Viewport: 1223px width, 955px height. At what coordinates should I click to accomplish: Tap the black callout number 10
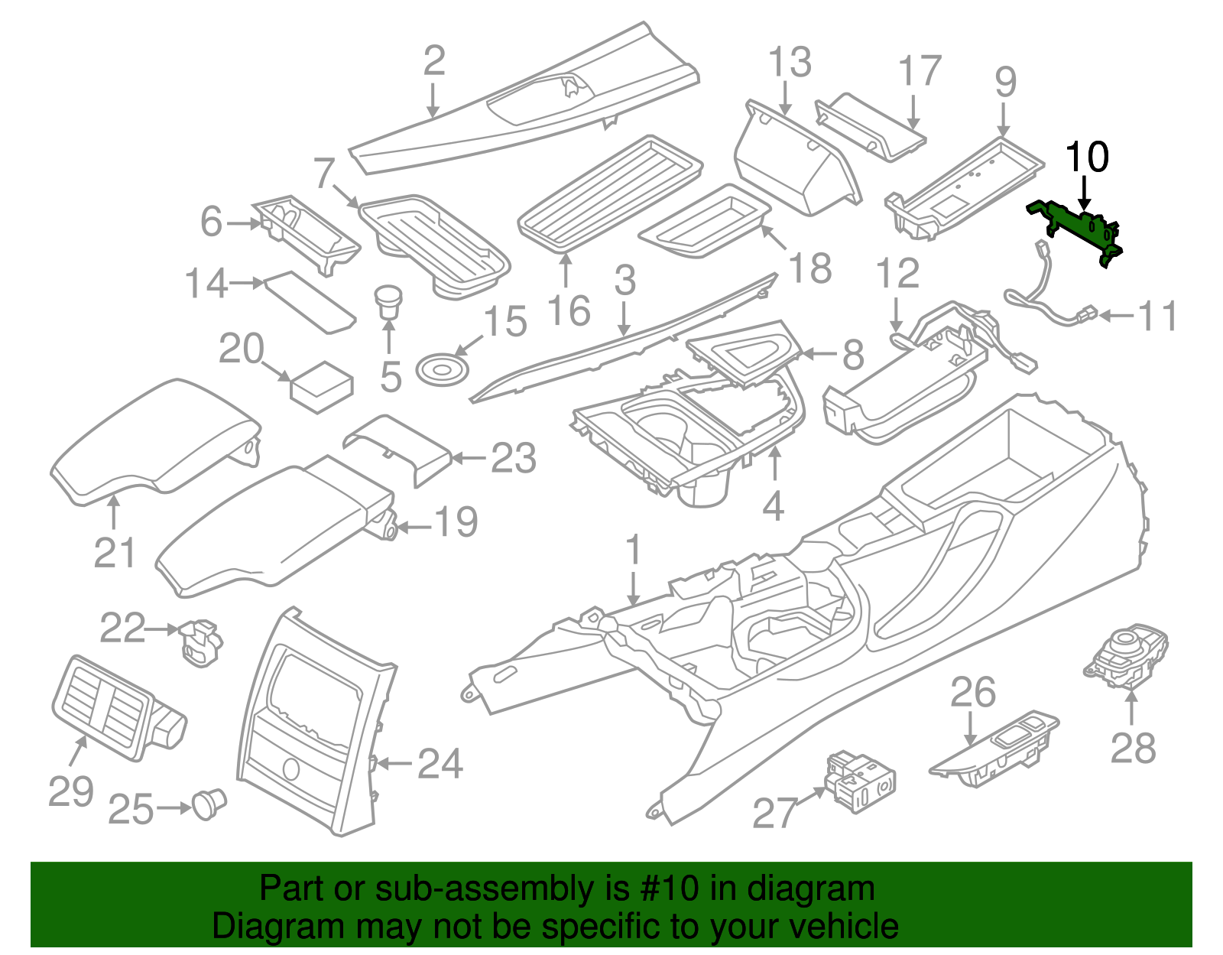1086,158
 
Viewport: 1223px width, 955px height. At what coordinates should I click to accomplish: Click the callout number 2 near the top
433,61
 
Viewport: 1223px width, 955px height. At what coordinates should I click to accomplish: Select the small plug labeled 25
208,804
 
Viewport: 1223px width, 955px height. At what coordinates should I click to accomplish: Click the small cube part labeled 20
321,386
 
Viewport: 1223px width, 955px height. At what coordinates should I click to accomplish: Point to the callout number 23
513,458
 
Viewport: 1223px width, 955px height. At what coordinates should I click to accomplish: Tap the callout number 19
456,522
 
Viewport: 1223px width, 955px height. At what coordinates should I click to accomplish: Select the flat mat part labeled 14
309,301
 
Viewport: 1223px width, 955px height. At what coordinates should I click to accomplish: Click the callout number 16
569,311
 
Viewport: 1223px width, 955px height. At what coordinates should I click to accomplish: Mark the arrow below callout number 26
971,728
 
